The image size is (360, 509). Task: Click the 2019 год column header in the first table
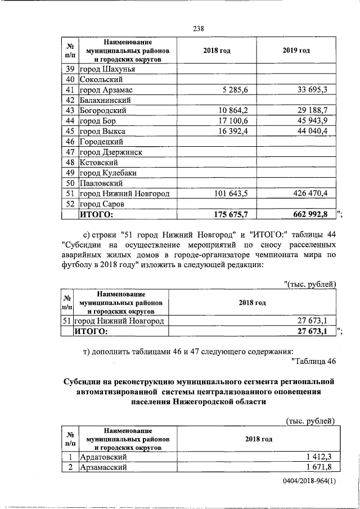click(296, 51)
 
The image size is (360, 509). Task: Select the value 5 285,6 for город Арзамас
click(236, 90)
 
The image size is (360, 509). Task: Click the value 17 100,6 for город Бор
click(235, 121)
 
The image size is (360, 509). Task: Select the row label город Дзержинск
click(110, 152)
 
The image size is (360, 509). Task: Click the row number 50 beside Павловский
click(70, 183)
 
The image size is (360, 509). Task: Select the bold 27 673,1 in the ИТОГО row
click(317, 331)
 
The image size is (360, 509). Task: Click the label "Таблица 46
click(314, 360)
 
